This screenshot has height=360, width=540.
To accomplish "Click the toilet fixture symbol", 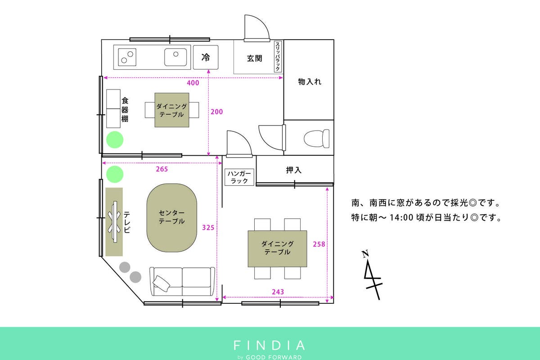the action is coord(316,139).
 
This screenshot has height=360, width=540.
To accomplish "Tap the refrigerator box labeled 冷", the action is coord(206,58).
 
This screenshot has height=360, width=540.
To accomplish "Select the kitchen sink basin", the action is coord(175,57).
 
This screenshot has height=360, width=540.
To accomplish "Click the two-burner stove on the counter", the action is coord(127,57).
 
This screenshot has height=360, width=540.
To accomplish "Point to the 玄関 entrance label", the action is coord(254,58).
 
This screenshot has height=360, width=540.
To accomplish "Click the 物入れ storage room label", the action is coord(310,82).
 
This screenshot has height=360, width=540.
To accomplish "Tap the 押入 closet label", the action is coord(293,170).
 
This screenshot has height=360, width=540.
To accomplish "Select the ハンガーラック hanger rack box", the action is coord(239,177).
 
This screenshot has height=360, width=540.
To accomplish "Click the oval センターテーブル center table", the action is coord(171,218).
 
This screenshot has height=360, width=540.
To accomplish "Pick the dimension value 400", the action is coord(193,83).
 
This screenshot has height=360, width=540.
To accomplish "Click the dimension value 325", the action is coord(208,228).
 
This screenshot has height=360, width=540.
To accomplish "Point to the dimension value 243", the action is coord(278,292).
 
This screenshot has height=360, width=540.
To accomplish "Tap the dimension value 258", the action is coord(319,244).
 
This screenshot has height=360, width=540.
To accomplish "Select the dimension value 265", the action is coord(162,169).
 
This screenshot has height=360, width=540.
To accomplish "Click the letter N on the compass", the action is coord(365,254).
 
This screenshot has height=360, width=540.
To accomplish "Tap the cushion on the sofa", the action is coord(161,283).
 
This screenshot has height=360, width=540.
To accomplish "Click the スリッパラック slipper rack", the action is coord(278,57).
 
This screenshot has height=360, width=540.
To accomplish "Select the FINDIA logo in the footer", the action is coord(269,345).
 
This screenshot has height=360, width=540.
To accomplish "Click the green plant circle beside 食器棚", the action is coord(115,139).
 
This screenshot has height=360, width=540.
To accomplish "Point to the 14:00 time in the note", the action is coord(401,217).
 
